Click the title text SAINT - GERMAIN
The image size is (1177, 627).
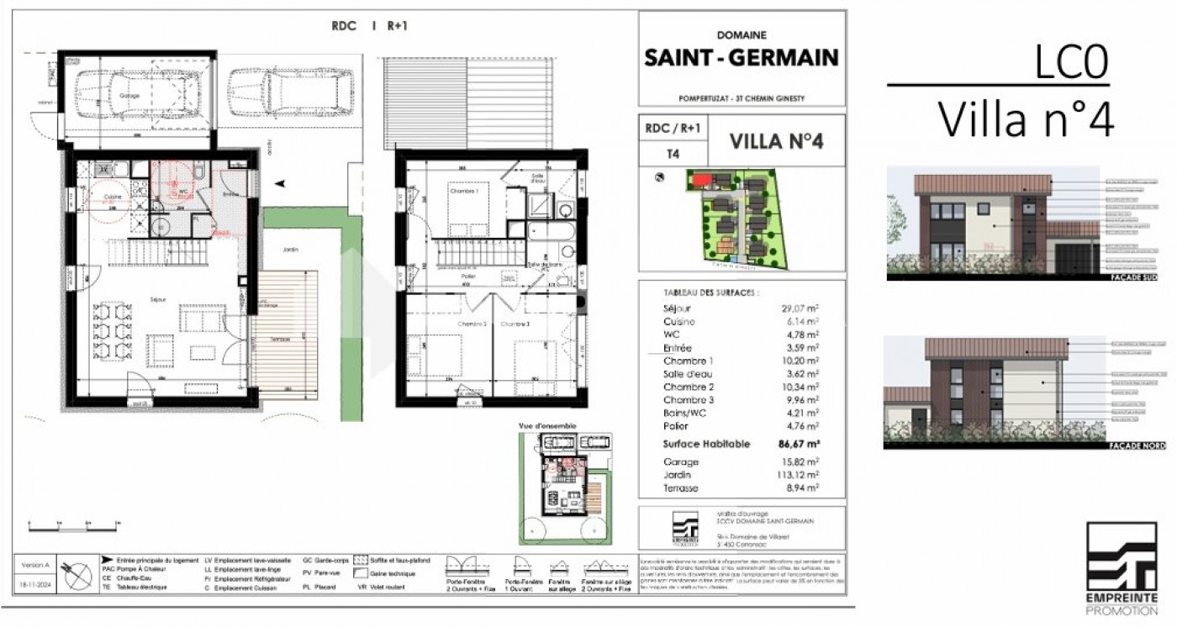click(x=741, y=57)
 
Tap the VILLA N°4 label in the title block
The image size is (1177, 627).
click(x=774, y=140)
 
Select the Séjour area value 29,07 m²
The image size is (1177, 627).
click(x=800, y=308)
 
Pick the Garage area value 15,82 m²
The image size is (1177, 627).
click(x=800, y=461)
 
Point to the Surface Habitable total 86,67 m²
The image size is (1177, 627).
click(x=799, y=444)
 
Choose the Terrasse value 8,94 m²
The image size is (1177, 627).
click(x=801, y=487)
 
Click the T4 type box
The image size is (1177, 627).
click(x=673, y=155)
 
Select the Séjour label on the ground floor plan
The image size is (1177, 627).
click(x=158, y=299)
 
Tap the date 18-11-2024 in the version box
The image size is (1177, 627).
click(x=36, y=582)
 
